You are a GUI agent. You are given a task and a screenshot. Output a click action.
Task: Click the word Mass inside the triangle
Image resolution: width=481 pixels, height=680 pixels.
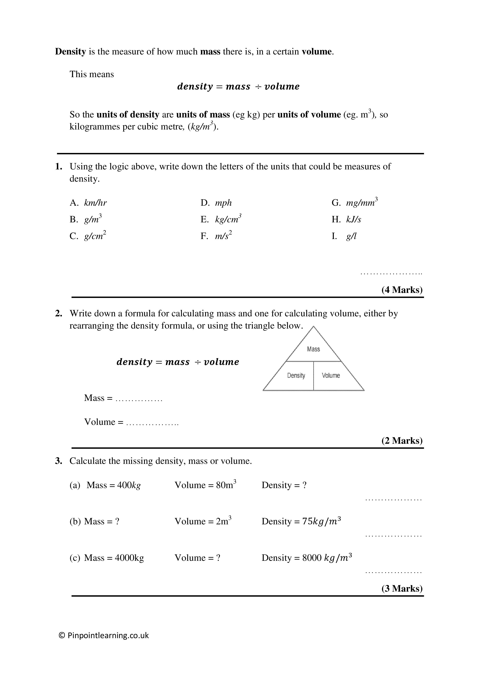click(x=313, y=349)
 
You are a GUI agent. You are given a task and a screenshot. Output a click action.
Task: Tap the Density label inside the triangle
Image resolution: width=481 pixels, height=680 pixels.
click(x=296, y=375)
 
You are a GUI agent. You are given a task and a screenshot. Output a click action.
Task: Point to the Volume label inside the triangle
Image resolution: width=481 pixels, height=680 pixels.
click(x=331, y=375)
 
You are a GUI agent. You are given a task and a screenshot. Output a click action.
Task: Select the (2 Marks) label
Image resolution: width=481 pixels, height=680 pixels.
click(x=402, y=441)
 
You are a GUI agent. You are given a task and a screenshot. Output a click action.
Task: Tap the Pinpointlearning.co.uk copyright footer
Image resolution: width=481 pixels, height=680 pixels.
click(x=104, y=635)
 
